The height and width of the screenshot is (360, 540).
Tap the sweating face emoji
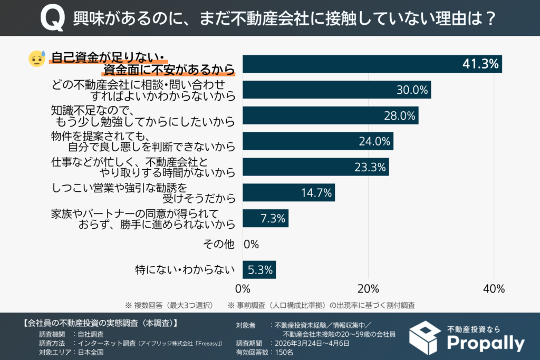pos(36,59)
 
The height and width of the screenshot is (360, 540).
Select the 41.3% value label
pos(480,64)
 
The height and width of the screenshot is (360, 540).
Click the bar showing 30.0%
pos(336,90)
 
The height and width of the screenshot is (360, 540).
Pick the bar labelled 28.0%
pos(330,115)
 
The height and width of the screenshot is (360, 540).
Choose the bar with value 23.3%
pos(315,167)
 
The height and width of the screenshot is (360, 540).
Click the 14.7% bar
pos(288,192)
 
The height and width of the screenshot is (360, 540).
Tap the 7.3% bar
pos(265,218)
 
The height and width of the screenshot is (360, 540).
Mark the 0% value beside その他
pos(251,244)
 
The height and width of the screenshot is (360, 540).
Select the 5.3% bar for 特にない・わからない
pos(259,270)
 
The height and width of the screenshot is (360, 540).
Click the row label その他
pos(218,244)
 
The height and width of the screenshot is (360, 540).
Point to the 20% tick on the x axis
pos(368,289)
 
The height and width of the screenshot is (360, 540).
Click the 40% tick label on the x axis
pos(494,289)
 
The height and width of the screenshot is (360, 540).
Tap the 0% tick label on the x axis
pos(243,289)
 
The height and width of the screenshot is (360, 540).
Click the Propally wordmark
pos(485,344)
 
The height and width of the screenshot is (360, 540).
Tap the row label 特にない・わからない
pos(185,270)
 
